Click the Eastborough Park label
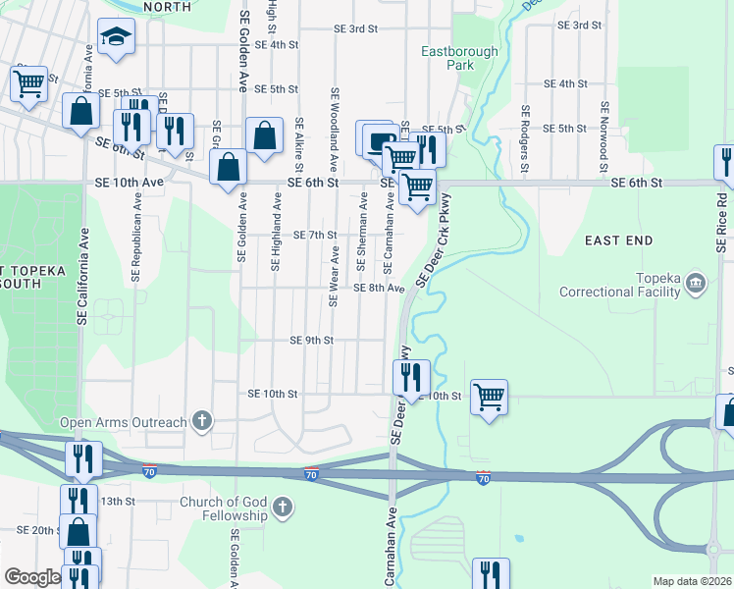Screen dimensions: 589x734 pos(459,58)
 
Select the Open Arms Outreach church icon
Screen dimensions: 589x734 pos(203,422)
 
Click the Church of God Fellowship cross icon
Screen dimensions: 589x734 pos(283,508)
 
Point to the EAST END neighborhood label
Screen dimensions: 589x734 pos(619,241)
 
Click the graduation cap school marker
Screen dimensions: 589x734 pos(117,38)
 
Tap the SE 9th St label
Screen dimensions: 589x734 pos(312,341)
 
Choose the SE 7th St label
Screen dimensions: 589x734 pos(315,236)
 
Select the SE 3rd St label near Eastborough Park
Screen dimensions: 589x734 pos(355,29)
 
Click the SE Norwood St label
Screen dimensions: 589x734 pos(605,138)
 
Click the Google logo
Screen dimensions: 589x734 pos(31,577)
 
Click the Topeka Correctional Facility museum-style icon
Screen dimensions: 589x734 pos(696,284)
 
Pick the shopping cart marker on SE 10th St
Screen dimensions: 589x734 pos(489,398)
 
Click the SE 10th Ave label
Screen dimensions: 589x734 pos(131,183)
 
